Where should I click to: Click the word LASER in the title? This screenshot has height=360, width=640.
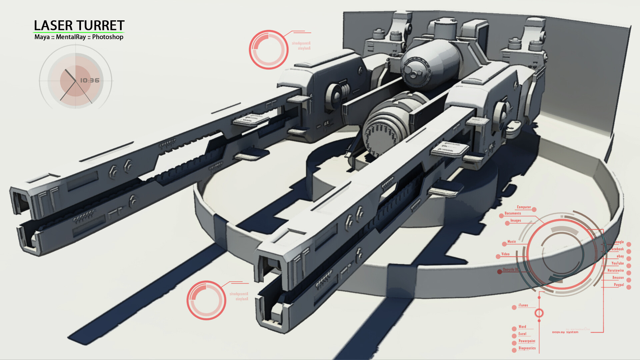click(53, 26)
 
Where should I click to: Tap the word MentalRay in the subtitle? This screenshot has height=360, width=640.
click(71, 37)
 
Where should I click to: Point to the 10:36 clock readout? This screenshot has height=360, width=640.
click(90, 80)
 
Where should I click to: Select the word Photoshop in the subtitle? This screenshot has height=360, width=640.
click(108, 37)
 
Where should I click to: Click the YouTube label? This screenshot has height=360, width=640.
click(617, 263)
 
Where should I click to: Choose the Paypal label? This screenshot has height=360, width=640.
click(619, 285)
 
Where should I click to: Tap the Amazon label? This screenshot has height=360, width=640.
click(618, 278)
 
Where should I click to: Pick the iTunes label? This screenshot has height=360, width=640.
click(523, 305)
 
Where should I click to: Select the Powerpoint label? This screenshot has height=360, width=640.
click(527, 341)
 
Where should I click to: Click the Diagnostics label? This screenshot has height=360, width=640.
click(527, 348)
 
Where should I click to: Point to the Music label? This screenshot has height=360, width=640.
click(511, 242)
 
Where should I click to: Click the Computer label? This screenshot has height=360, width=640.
click(524, 207)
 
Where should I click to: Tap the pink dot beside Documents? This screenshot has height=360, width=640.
click(501, 216)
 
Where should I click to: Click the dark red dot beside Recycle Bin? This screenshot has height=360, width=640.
click(499, 272)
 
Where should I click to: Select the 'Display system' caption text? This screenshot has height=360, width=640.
click(565, 332)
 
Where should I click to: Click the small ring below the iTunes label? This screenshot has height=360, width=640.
click(539, 313)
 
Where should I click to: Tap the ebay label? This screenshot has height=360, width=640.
click(620, 256)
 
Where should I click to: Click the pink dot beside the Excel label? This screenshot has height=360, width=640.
click(514, 336)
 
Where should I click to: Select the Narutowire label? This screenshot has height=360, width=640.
click(615, 271)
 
